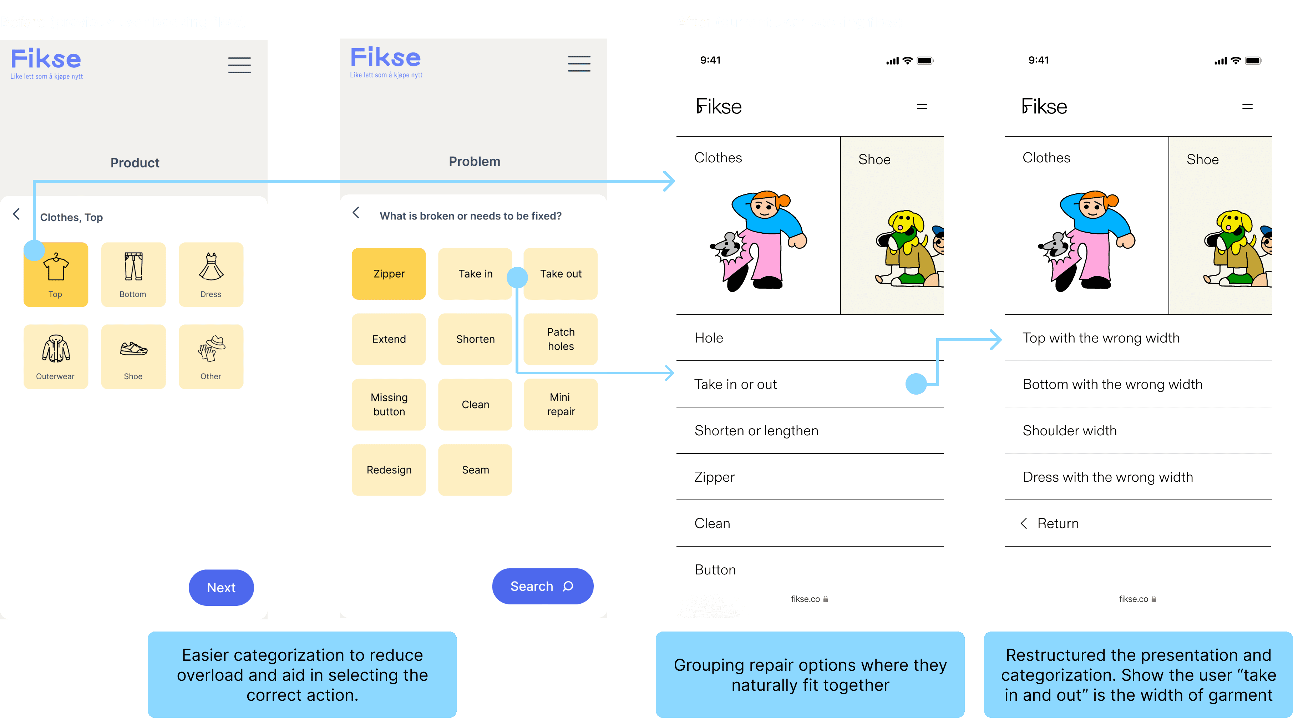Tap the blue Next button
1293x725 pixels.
point(221,587)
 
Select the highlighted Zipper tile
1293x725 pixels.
point(389,274)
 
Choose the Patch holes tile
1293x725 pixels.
point(560,339)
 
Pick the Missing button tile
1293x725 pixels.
point(389,404)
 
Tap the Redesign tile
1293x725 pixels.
point(389,470)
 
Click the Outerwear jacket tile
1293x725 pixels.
point(55,356)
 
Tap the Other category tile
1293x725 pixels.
point(211,356)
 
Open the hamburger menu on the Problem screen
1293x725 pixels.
point(579,64)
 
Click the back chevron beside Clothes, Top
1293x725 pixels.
point(16,214)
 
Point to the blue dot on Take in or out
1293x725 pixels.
point(916,384)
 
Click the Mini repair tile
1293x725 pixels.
point(560,404)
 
